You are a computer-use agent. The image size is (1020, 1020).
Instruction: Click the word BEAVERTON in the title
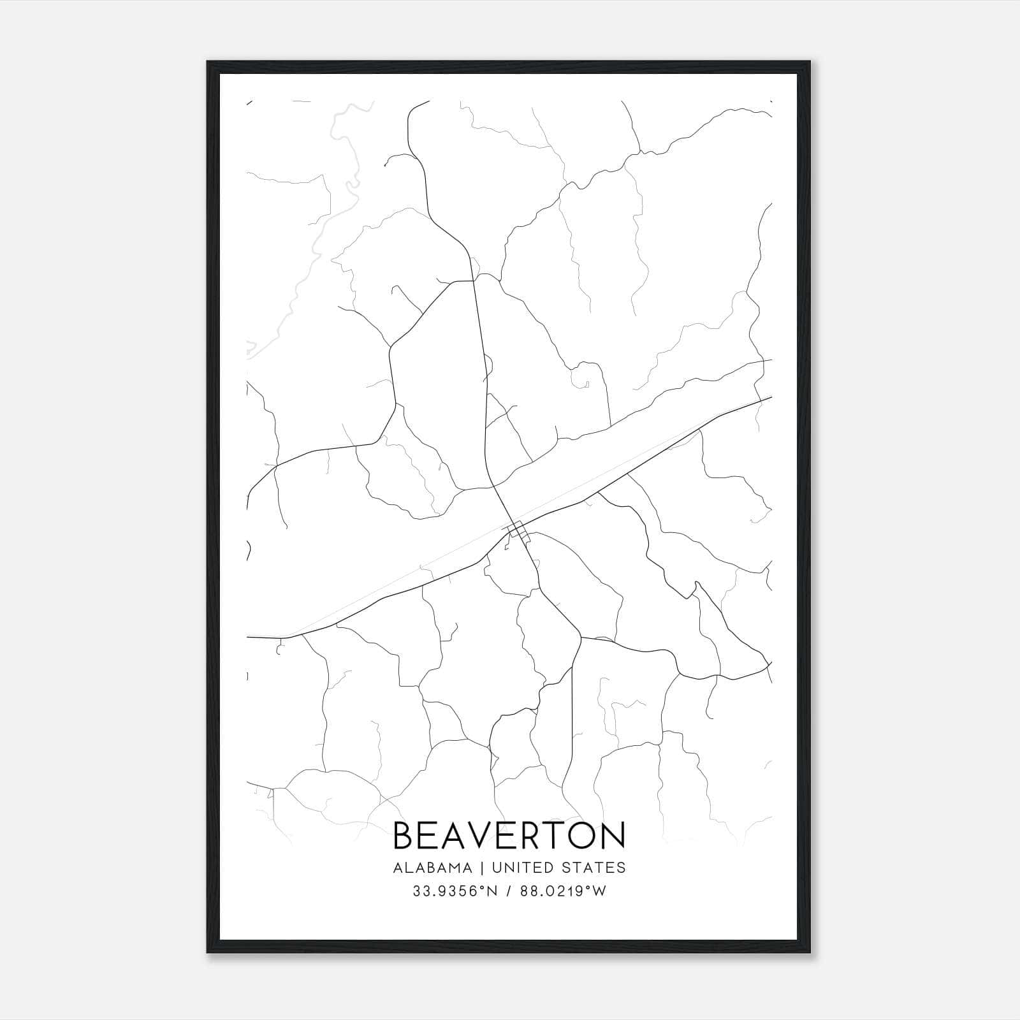(x=509, y=836)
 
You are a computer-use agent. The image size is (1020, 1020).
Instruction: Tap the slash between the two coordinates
(x=507, y=891)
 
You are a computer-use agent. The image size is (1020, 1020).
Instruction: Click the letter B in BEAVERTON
(x=405, y=836)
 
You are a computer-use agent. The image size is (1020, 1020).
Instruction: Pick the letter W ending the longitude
(x=599, y=891)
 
